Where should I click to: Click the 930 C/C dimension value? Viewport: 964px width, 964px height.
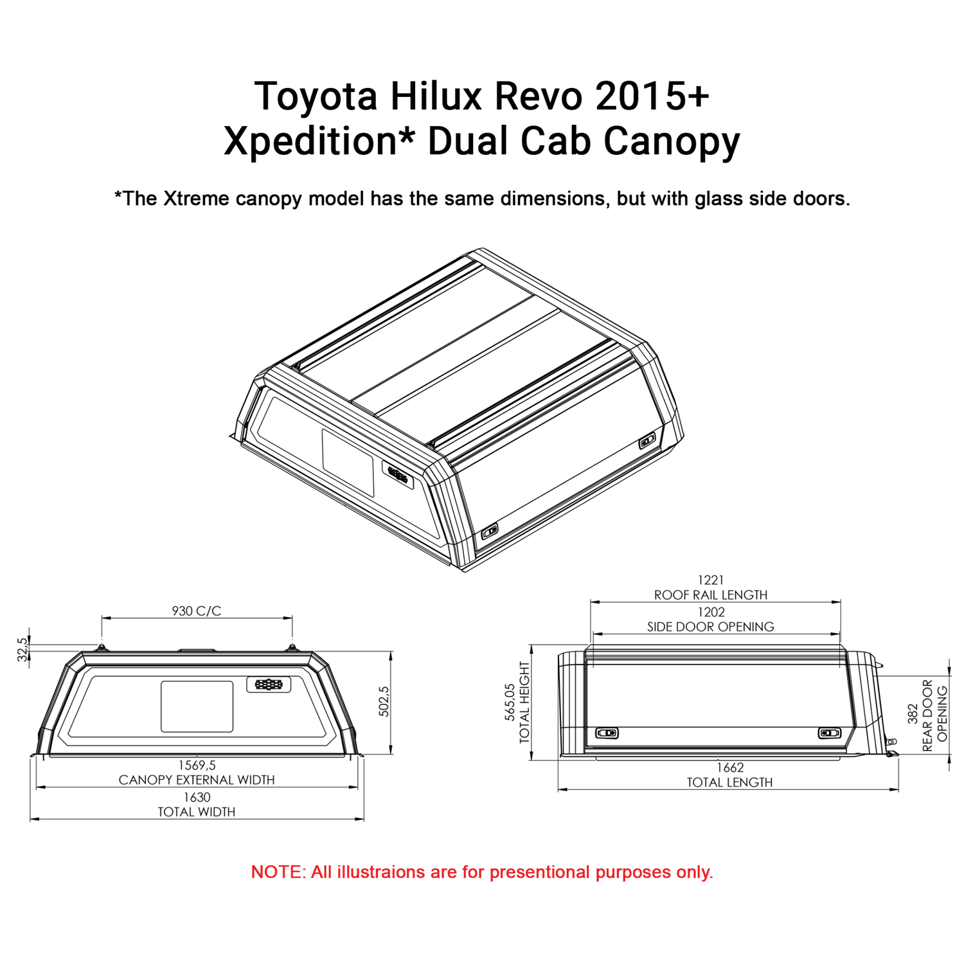[x=196, y=611]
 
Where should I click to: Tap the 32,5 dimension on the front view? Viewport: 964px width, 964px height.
[x=23, y=649]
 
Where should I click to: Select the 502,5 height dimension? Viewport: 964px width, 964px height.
[x=384, y=702]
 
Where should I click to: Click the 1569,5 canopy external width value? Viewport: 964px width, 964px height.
[x=197, y=765]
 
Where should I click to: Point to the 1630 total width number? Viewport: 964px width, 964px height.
[x=197, y=797]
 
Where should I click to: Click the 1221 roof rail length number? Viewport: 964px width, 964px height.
[x=711, y=580]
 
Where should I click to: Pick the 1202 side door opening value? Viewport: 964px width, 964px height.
[x=711, y=612]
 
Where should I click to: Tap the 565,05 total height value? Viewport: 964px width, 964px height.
[x=510, y=702]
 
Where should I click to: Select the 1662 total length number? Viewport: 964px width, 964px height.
[x=730, y=767]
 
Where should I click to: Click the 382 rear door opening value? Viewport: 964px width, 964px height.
[x=913, y=713]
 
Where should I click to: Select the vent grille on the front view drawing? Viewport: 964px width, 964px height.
[x=269, y=684]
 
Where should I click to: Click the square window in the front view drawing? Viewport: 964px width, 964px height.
[x=197, y=706]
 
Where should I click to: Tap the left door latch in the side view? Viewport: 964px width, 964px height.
[x=607, y=733]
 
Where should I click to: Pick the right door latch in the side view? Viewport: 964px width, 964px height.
[x=829, y=733]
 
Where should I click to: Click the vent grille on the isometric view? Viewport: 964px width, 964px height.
[x=398, y=475]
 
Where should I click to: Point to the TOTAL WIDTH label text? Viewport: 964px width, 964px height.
[x=197, y=812]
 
